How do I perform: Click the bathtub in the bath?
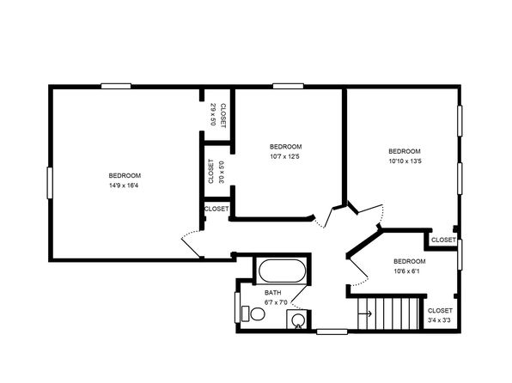coord(283,271)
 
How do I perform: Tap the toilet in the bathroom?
coord(253,313)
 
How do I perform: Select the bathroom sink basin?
coord(298,319)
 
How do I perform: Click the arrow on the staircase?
coord(365,314)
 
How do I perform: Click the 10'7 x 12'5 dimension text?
coord(284,156)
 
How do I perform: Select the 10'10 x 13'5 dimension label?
coord(405,161)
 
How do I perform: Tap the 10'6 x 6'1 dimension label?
coord(406,271)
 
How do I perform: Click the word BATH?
coord(272,293)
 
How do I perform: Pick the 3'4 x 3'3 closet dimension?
coord(439,320)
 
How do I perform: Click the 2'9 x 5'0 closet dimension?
coord(213,114)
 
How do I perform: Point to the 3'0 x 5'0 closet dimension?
coord(222,172)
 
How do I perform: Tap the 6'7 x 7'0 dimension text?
coord(276,302)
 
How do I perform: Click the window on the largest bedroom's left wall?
coord(50,183)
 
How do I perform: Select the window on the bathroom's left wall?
coord(237,307)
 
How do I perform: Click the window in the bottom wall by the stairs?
coord(332,331)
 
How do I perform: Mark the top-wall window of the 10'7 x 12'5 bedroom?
coord(288,86)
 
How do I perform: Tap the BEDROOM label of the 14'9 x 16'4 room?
coord(125,176)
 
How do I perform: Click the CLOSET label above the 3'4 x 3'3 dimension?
coord(440,311)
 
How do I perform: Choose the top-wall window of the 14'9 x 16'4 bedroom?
coord(116,86)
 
